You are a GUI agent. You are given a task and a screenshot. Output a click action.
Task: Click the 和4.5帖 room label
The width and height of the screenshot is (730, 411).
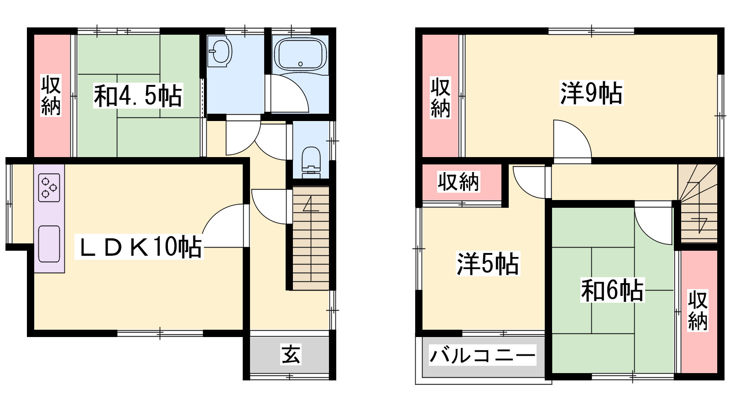pyautogui.click(x=138, y=95)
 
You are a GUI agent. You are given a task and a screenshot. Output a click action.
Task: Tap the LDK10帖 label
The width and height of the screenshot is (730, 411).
pyautogui.click(x=139, y=247)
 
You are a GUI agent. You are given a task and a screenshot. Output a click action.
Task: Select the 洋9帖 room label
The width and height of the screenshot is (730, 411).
pyautogui.click(x=591, y=93)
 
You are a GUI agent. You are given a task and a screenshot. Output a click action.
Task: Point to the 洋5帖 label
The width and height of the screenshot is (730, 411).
pyautogui.click(x=488, y=263)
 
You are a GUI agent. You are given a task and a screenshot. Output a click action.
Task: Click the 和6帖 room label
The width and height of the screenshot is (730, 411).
pyautogui.click(x=612, y=290)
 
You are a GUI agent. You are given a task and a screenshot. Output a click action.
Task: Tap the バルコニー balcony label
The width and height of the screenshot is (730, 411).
pyautogui.click(x=482, y=355)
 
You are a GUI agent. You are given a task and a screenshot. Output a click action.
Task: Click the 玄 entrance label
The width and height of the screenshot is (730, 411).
pyautogui.click(x=291, y=354)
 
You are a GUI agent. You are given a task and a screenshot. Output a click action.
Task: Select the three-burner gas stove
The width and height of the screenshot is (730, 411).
pyautogui.click(x=49, y=188)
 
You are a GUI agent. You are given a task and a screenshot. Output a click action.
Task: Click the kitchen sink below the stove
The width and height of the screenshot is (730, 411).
pyautogui.click(x=49, y=244)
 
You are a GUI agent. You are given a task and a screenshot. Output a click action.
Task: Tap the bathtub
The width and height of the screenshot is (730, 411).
pyautogui.click(x=300, y=54)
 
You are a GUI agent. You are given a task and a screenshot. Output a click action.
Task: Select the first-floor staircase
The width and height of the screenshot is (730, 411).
pyautogui.click(x=311, y=238)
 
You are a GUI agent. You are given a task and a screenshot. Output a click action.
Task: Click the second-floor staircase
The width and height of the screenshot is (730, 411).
pyautogui.click(x=698, y=203)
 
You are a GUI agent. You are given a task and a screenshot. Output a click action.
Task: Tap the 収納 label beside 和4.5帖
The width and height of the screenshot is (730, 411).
pyautogui.click(x=51, y=95)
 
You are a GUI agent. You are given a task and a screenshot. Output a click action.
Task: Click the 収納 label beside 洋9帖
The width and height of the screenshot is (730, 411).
pyautogui.click(x=440, y=97)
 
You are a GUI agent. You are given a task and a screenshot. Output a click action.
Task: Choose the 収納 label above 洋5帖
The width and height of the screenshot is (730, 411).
pyautogui.click(x=458, y=182)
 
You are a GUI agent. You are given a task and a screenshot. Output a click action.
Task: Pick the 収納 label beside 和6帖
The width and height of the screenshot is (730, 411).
pyautogui.click(x=698, y=310)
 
